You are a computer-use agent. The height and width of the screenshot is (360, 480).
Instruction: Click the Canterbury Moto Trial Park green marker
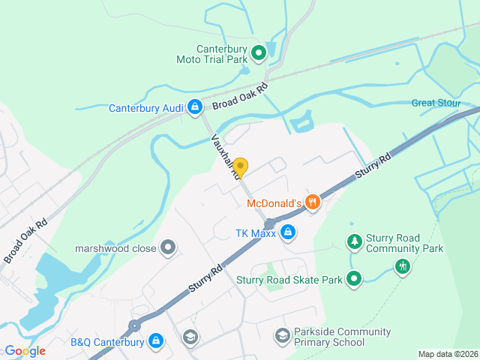258,52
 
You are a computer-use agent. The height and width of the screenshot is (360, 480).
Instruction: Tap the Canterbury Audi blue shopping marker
195,107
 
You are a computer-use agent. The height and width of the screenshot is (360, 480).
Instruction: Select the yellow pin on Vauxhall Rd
241,166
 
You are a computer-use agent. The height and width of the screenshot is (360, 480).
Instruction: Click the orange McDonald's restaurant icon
312,202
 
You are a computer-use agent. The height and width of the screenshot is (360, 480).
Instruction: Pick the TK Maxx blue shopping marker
287,232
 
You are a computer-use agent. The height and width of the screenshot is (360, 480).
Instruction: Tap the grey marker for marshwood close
169,247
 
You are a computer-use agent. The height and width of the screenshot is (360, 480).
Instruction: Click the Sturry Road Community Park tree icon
354,241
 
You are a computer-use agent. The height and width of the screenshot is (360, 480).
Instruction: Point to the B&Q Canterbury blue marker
156,341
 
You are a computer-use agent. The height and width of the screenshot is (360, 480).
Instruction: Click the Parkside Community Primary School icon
282,336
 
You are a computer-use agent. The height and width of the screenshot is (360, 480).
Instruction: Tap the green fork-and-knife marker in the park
403,266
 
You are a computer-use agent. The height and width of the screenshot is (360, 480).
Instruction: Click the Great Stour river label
434,103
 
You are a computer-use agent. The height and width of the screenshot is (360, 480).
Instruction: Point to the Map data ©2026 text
447,354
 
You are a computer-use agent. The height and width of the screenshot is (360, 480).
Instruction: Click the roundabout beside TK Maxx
269,223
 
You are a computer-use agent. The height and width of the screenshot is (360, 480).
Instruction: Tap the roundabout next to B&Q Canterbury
134,325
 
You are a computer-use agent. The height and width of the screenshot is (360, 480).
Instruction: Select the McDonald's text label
274,202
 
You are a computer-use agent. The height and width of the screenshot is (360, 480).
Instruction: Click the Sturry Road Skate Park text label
289,280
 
